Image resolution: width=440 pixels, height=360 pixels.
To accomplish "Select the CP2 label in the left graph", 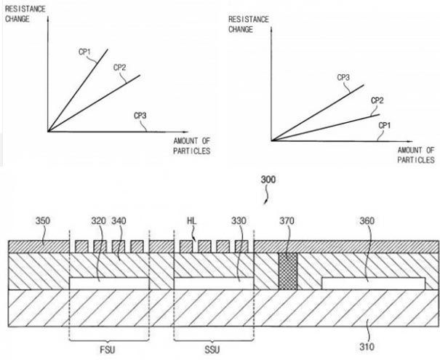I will click(120, 67).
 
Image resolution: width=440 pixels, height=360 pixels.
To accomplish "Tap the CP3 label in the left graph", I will click(142, 115).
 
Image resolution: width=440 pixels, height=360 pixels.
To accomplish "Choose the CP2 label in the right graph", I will click(377, 100).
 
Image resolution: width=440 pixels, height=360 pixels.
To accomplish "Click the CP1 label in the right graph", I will click(386, 124).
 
